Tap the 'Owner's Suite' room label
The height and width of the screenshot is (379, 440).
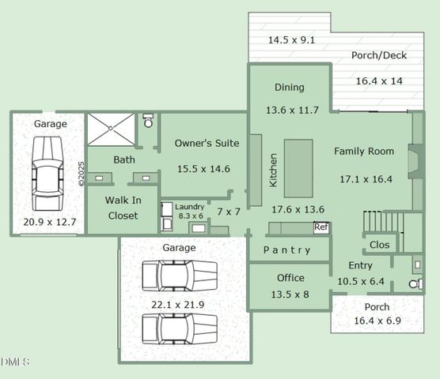pyautogui.click(x=207, y=144)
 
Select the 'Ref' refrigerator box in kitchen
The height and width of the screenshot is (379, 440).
pyautogui.click(x=321, y=227)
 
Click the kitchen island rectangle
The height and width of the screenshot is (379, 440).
pyautogui.click(x=298, y=167)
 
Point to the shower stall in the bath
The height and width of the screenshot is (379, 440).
pyautogui.click(x=111, y=129)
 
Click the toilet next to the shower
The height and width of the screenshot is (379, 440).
pyautogui.click(x=148, y=122)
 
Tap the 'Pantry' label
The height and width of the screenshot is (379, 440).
pyautogui.click(x=286, y=250)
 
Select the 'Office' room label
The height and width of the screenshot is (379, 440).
pyautogui.click(x=290, y=278)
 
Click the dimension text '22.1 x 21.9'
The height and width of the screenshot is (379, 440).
pyautogui.click(x=178, y=304)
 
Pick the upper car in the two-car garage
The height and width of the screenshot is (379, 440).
pyautogui.click(x=179, y=276)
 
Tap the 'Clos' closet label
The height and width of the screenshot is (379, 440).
pyautogui.click(x=380, y=245)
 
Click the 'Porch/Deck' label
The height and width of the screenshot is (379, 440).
pyautogui.click(x=379, y=56)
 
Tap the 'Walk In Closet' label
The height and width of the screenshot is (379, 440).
pyautogui.click(x=122, y=208)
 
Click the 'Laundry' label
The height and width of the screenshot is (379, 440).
pyautogui.click(x=190, y=207)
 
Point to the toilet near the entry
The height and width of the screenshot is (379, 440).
pyautogui.click(x=415, y=283)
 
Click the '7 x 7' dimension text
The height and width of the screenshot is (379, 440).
pyautogui.click(x=229, y=212)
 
